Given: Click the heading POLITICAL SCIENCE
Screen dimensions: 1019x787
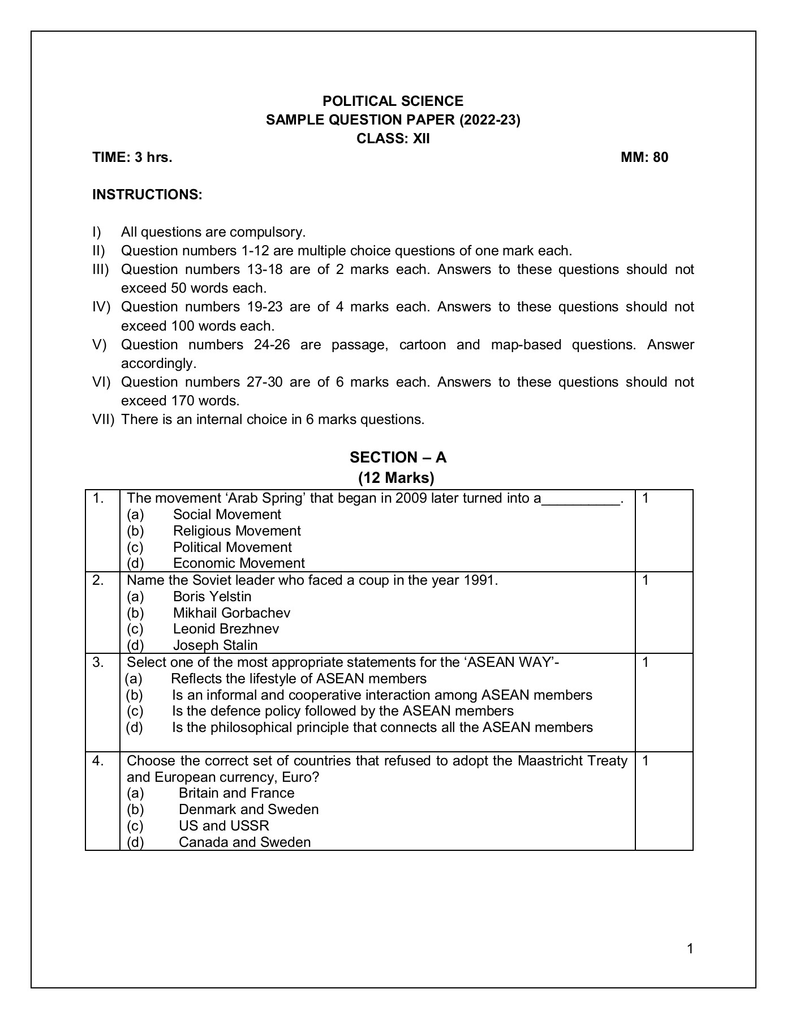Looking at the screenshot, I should pos(393,101).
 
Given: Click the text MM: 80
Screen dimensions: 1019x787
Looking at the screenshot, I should pos(644,157).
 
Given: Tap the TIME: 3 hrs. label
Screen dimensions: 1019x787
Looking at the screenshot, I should pos(132,157).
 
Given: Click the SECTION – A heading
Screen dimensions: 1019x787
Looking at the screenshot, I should pos(398,457).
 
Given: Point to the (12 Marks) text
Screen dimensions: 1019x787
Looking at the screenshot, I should pos(396,478).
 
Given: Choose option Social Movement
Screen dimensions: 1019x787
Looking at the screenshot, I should pos(227,515).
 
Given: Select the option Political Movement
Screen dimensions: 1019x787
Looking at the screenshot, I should pos(232,547).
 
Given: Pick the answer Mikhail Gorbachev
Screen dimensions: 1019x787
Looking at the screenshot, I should pos(231,613).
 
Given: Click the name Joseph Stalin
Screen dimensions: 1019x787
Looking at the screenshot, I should pos(215,645).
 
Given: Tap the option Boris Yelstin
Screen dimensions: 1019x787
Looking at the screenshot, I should pos(212,597).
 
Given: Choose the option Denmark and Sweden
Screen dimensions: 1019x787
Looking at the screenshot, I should pos(248,810).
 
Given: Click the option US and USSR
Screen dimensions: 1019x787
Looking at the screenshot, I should pos(224,826).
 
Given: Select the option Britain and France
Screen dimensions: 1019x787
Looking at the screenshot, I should pos(236,793).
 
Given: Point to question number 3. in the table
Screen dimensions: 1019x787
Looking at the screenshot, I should pos(98,662).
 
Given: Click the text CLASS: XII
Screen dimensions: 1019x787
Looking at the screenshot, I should pos(393,139).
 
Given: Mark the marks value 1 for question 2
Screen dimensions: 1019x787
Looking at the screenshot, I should pos(646,580).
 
